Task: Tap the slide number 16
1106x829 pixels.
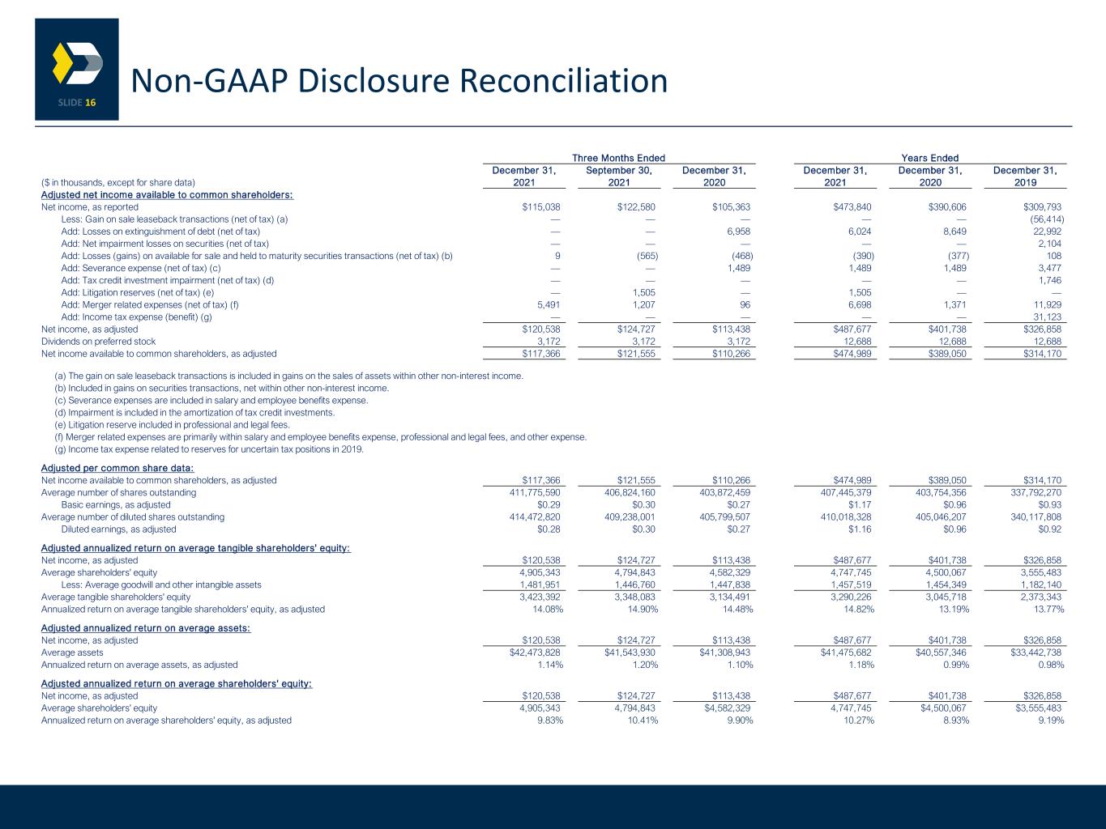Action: [x=91, y=103]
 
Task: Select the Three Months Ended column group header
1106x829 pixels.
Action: [x=618, y=158]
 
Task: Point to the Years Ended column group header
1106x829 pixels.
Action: [x=929, y=158]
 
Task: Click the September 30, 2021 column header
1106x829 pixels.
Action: [x=619, y=176]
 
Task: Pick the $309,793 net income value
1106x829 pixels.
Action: [x=1042, y=207]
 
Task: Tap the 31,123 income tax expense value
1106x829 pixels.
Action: [x=1047, y=317]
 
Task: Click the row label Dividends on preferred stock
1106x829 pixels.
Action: [x=98, y=342]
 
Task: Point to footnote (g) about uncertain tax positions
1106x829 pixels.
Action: [x=209, y=449]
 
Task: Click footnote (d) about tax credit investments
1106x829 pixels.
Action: [x=194, y=412]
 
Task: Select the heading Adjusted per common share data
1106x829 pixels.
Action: [x=117, y=468]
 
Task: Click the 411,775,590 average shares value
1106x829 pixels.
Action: [x=535, y=492]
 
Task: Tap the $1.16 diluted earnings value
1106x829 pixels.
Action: [x=860, y=529]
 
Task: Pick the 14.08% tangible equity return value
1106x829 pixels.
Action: [x=548, y=609]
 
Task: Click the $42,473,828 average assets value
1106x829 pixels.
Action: [x=535, y=653]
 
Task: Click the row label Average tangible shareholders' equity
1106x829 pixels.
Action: [x=116, y=597]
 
